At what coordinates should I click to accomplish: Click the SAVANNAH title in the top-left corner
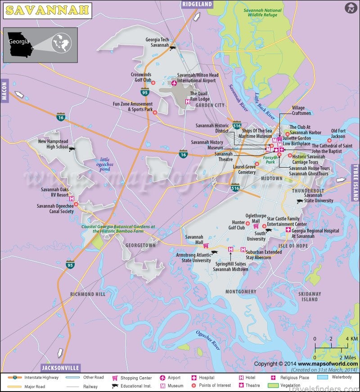tap(47, 10)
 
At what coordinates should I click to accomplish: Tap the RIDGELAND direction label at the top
tap(198, 5)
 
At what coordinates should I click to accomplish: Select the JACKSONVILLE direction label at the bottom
tap(60, 367)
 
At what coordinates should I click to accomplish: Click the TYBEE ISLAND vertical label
tap(355, 182)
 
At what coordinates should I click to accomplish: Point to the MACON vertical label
tap(4, 91)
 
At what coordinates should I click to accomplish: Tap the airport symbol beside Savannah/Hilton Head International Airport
tap(174, 83)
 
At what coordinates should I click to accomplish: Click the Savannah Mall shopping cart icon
tap(206, 246)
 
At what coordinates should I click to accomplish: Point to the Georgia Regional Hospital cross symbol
tap(288, 230)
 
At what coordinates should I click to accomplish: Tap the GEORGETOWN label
tap(140, 246)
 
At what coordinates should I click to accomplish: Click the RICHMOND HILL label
tap(88, 294)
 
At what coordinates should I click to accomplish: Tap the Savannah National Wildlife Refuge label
tap(262, 13)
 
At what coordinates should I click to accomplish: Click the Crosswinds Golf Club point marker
tap(153, 82)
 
